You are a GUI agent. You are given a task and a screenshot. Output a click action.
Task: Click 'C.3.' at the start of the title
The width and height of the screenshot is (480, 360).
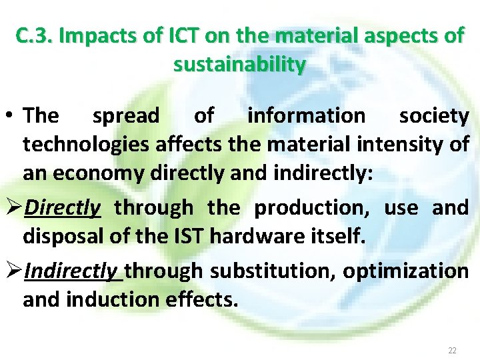point(35,36)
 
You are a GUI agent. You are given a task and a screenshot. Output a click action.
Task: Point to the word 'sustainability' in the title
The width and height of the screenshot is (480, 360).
point(240,65)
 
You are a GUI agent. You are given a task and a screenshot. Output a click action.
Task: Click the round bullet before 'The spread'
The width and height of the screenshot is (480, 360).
point(12,116)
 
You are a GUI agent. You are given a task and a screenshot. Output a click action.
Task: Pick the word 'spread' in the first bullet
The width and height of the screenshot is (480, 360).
point(126,116)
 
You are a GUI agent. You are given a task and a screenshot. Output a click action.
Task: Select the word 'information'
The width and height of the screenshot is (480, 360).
point(306,116)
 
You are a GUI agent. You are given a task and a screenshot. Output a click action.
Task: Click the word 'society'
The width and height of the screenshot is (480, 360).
point(434,116)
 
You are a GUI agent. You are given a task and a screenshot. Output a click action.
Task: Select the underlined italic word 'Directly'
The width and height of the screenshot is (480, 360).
point(62,208)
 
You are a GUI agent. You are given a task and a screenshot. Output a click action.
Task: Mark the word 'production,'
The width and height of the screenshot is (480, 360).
point(313,208)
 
